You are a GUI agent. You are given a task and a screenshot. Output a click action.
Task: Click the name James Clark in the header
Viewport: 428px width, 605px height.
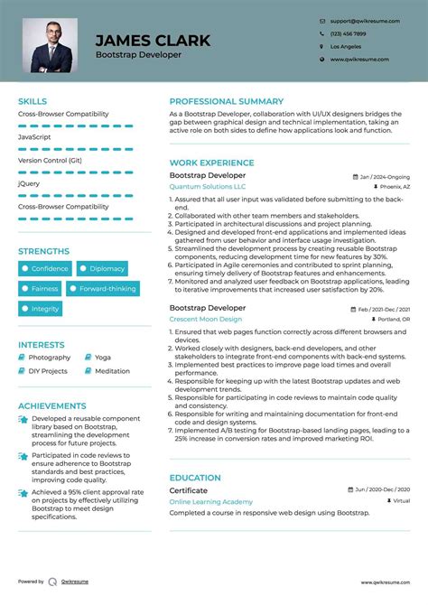[x=153, y=40]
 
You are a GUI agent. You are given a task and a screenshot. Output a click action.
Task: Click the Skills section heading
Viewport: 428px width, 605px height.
[x=33, y=101]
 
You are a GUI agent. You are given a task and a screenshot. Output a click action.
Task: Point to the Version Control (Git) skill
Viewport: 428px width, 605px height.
[x=50, y=160]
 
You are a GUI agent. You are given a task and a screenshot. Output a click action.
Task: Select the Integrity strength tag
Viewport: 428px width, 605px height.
[x=40, y=309]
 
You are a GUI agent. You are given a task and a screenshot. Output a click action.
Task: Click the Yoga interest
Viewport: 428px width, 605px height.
[x=102, y=358]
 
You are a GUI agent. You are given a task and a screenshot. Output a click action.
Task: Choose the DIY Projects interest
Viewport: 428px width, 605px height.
[x=47, y=371]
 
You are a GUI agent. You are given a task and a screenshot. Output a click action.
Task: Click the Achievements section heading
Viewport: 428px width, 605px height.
[x=52, y=406]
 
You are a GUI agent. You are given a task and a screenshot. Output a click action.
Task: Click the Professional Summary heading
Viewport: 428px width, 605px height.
[x=226, y=101]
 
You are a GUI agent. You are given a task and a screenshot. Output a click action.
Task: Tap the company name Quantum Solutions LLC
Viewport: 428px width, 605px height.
[x=206, y=186]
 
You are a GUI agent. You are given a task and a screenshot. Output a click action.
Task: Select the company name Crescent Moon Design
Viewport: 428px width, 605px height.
[x=206, y=319]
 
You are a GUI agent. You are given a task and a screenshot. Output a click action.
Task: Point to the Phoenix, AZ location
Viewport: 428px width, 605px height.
[x=394, y=186]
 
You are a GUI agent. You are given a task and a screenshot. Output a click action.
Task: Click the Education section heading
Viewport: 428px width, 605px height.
[x=195, y=478]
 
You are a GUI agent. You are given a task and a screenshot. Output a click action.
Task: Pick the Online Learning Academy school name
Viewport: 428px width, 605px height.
[x=211, y=500]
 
